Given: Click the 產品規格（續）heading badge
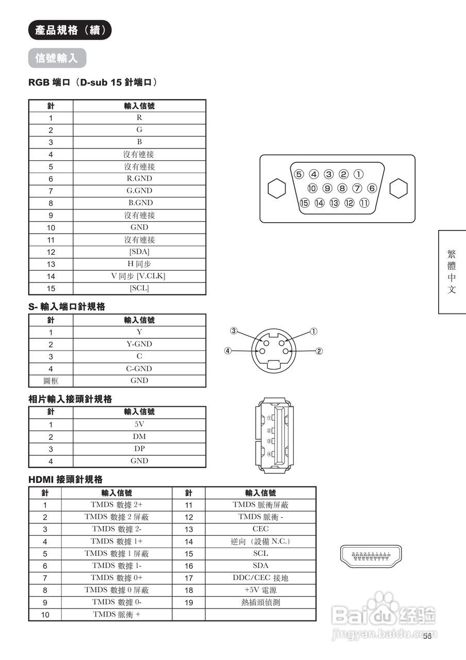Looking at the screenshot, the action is point(70,30).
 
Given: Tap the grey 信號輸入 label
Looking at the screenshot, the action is point(57,58).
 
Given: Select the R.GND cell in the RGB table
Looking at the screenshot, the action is point(139,179).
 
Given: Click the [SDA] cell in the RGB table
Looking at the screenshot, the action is point(139,252).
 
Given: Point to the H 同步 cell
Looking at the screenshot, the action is point(139,264).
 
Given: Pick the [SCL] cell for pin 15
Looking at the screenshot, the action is point(139,288).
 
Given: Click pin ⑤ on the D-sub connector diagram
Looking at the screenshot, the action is point(299,174).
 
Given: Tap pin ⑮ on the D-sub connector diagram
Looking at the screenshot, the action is point(305,203).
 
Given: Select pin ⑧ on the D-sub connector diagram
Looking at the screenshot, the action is point(342,189).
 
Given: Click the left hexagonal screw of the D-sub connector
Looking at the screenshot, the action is point(277,188).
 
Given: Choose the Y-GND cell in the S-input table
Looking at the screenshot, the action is point(139,344).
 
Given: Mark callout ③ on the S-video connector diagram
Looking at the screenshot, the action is point(234,331).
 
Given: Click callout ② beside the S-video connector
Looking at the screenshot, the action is point(319,351).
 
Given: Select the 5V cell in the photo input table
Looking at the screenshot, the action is point(139,424).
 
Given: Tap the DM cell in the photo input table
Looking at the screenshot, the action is point(139,437).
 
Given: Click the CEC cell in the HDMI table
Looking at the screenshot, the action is point(260,529).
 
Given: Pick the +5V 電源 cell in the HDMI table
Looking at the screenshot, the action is point(260,590).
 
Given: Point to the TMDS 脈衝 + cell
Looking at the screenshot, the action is point(116,614).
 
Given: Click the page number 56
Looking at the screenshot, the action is point(427,636).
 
